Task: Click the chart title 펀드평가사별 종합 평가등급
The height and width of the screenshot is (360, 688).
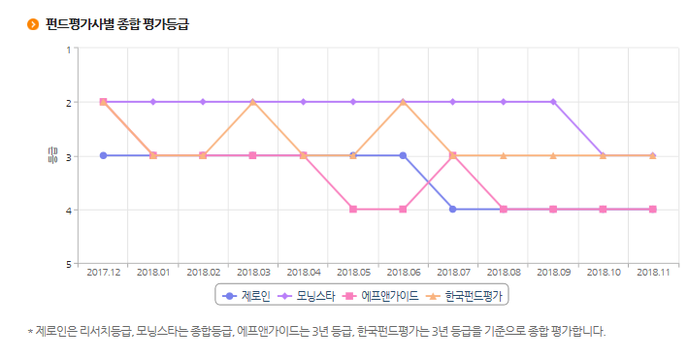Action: click(116, 23)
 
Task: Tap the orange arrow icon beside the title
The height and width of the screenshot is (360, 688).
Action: click(33, 24)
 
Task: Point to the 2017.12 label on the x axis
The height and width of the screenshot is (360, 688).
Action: click(103, 273)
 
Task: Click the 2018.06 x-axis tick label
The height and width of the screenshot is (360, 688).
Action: click(403, 273)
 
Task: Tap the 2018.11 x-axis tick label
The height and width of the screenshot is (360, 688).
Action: click(652, 273)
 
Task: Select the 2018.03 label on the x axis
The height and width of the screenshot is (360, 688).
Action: click(253, 273)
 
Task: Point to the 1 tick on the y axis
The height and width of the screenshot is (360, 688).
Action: click(69, 49)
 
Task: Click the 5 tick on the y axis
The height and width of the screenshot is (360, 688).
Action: click(69, 263)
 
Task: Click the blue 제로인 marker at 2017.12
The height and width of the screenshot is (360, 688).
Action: click(103, 155)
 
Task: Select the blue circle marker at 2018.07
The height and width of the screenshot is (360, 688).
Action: click(453, 209)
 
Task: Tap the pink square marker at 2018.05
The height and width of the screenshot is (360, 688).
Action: click(353, 209)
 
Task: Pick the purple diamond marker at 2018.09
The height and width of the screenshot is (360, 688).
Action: click(553, 102)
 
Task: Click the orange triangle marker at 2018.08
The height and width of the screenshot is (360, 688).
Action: click(503, 155)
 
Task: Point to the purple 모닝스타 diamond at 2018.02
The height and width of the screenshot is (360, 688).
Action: click(203, 102)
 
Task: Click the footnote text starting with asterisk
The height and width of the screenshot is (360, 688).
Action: click(316, 331)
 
